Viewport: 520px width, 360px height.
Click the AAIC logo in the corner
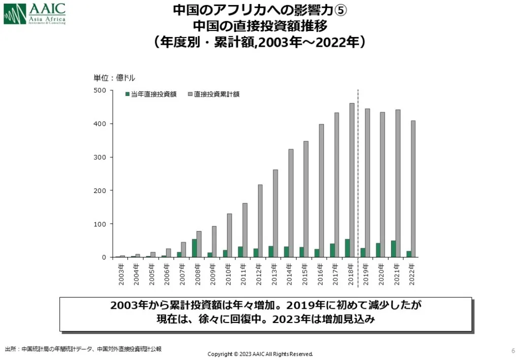(35, 14)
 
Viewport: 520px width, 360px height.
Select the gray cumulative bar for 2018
(352, 180)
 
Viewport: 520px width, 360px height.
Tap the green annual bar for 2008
(194, 248)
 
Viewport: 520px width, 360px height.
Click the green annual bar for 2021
(393, 249)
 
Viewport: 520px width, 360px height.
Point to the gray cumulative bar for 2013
(276, 213)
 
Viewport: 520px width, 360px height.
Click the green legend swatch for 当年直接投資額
(127, 94)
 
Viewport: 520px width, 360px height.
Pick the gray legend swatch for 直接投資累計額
(189, 94)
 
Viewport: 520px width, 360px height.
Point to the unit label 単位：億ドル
(114, 78)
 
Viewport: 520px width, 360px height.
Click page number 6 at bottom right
(512, 350)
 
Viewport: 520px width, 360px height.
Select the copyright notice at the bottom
(260, 354)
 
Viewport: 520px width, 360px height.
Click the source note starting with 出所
(83, 349)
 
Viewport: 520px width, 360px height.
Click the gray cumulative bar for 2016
(321, 190)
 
